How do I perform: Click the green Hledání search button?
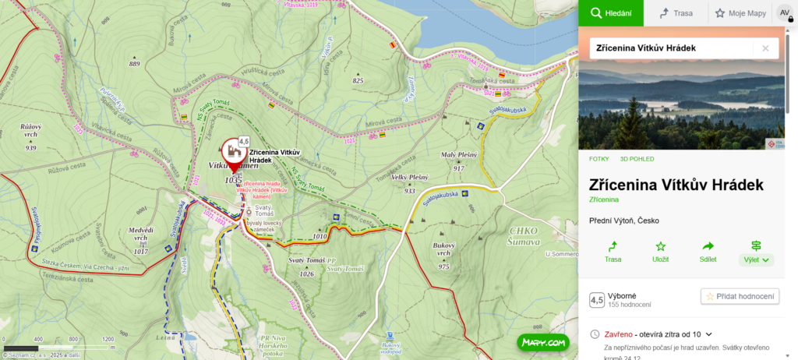[x=610, y=13]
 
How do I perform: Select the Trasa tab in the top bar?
[x=676, y=13]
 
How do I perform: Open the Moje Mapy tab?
[x=740, y=13]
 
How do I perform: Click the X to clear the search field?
[x=765, y=48]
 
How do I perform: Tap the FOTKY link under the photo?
[x=599, y=158]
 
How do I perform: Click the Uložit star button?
[x=660, y=251]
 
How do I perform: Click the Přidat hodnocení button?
[x=740, y=296]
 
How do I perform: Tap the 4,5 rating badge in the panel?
[x=597, y=300]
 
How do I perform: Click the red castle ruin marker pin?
[x=232, y=151]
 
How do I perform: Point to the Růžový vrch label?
[x=31, y=130]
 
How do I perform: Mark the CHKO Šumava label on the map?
[x=524, y=236]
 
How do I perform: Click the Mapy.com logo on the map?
[x=542, y=342]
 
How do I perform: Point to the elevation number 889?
[x=135, y=64]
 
